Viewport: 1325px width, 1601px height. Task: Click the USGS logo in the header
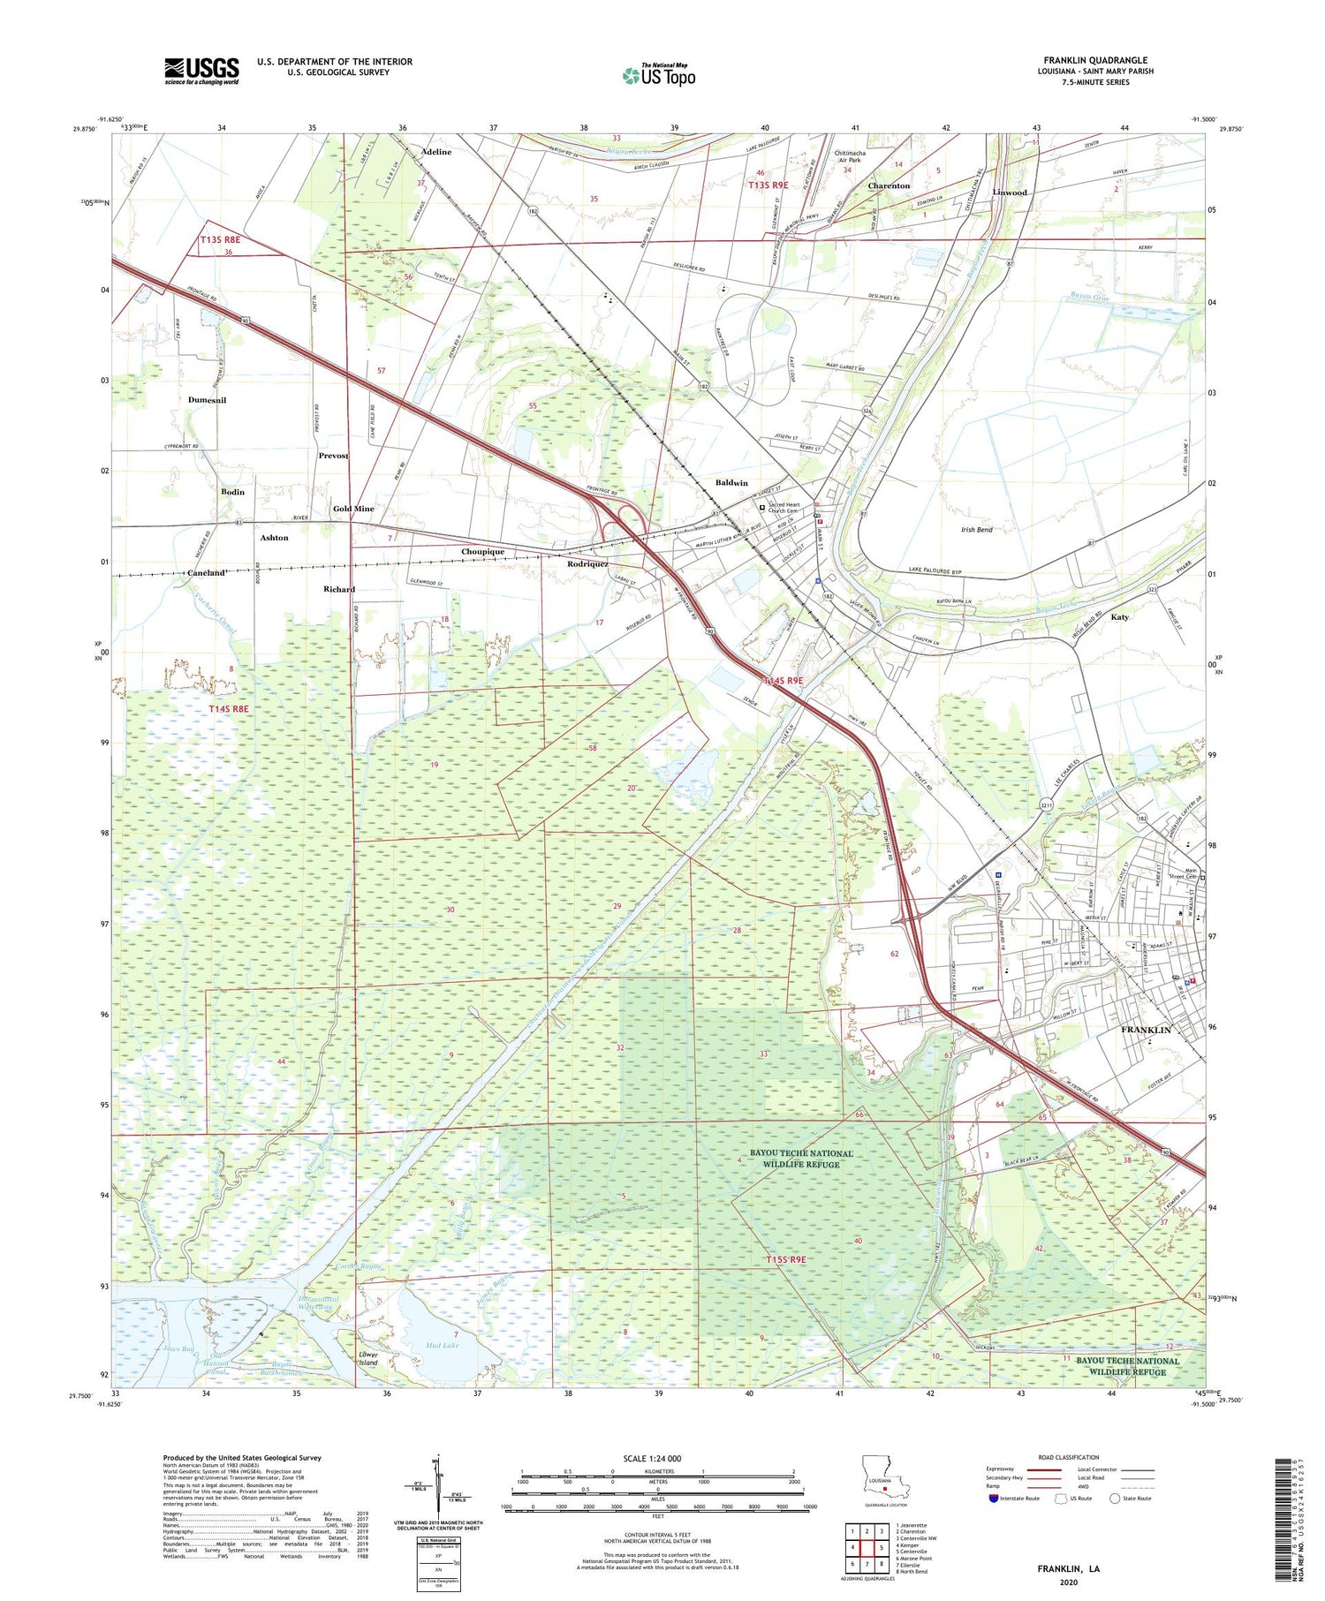click(x=201, y=71)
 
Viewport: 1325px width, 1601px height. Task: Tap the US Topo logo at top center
click(x=659, y=76)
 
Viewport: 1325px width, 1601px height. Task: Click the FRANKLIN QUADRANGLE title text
click(x=1095, y=60)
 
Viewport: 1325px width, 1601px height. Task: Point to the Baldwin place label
click(x=731, y=483)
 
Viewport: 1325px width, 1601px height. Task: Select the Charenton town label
click(x=889, y=186)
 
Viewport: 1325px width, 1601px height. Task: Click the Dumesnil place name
click(x=207, y=400)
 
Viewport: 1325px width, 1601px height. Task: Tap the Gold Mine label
click(x=353, y=509)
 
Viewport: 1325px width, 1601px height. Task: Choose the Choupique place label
click(x=483, y=552)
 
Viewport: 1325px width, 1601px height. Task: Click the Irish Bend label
click(x=976, y=530)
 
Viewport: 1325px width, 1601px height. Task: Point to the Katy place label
click(x=1120, y=617)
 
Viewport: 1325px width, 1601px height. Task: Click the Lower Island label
click(x=367, y=1359)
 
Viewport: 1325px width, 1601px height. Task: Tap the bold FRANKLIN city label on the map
click(x=1146, y=1031)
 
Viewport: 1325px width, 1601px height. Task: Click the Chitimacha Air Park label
click(x=850, y=156)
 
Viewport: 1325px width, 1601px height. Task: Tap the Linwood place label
click(x=1010, y=193)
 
